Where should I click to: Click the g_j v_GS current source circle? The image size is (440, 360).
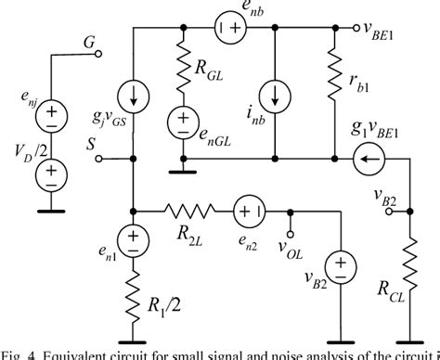coord(134,95)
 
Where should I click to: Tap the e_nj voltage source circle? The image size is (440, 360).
coord(51,114)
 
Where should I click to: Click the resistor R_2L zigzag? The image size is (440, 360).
coord(190,210)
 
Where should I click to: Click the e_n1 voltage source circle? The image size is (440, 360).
coord(134,243)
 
